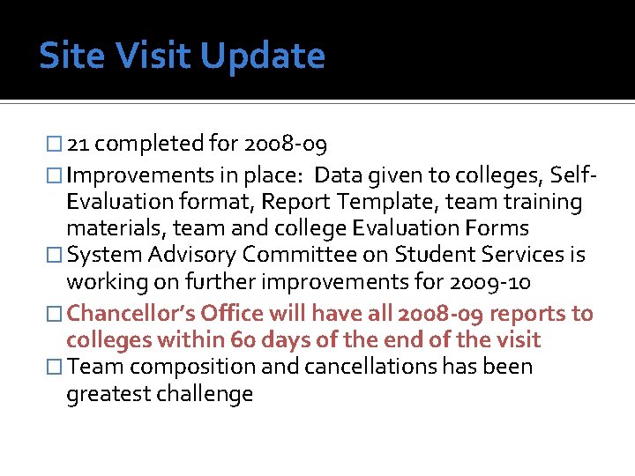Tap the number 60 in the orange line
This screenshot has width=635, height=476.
click(244, 339)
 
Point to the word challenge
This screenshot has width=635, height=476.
click(203, 394)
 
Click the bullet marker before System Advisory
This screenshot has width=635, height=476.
click(56, 257)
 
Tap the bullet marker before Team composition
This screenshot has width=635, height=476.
click(56, 368)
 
